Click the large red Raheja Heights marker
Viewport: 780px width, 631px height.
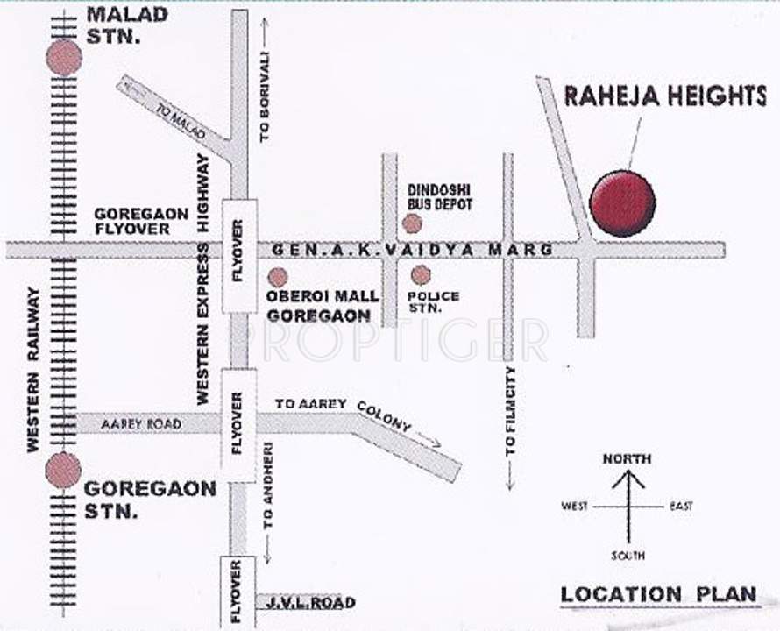pyautogui.click(x=622, y=203)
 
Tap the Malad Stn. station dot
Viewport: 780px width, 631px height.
pyautogui.click(x=64, y=58)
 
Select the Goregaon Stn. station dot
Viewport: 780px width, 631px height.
pyautogui.click(x=63, y=470)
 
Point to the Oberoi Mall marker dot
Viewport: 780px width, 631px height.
pyautogui.click(x=278, y=278)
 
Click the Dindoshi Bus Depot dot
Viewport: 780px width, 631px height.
pyautogui.click(x=412, y=223)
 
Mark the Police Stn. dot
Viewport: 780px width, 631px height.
pyautogui.click(x=421, y=275)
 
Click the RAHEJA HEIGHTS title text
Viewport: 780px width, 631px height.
pyautogui.click(x=664, y=96)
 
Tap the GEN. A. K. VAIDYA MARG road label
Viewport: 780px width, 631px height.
pyautogui.click(x=412, y=250)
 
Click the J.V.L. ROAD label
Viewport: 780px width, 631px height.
pyautogui.click(x=306, y=603)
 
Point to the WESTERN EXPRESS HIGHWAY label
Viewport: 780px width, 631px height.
pyautogui.click(x=203, y=279)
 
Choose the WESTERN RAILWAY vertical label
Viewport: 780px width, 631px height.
pyautogui.click(x=34, y=370)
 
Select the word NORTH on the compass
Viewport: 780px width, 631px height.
pyautogui.click(x=627, y=459)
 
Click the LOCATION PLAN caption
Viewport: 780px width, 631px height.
pyautogui.click(x=658, y=593)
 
